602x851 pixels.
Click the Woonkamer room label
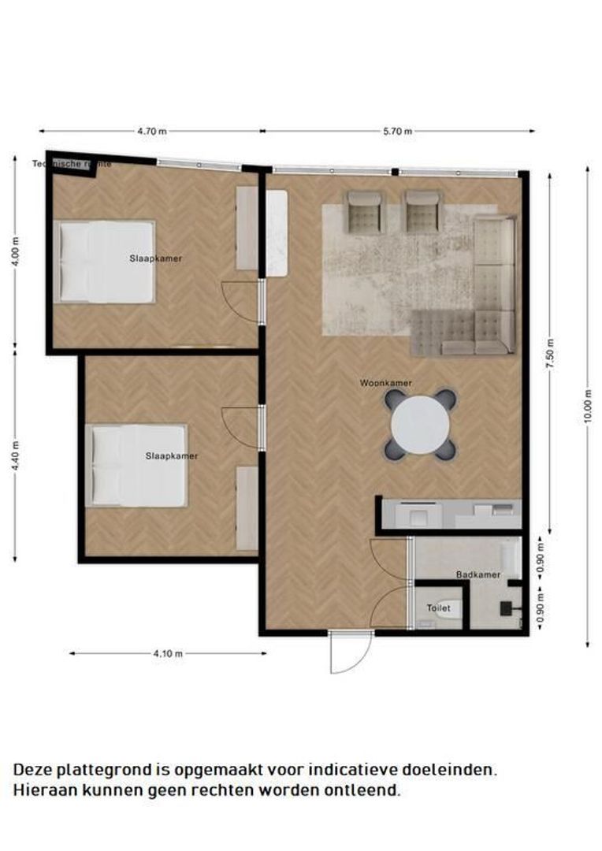pos(386,384)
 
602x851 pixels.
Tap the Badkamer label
pos(478,575)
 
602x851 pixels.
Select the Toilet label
pos(438,608)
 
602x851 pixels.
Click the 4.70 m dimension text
pos(151,132)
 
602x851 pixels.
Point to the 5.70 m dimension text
pos(397,132)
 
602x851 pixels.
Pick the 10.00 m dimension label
pos(588,407)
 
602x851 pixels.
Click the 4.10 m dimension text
pos(168,653)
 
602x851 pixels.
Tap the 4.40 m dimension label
pos(15,455)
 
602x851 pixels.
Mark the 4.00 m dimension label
pos(15,252)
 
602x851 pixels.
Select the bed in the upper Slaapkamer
pos(106,262)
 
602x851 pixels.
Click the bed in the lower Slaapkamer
pos(139,466)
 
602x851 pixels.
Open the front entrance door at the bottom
pos(349,653)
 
